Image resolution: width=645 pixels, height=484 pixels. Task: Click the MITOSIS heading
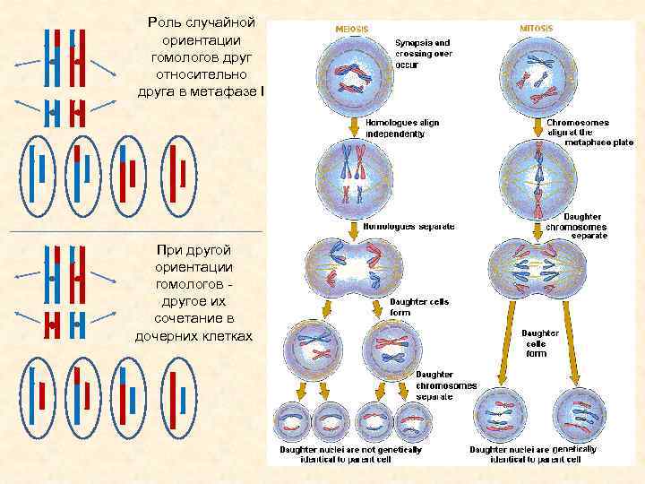(537, 28)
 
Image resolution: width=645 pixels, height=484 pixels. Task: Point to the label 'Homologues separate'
(408, 226)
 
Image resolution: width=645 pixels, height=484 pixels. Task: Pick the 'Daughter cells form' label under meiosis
(419, 307)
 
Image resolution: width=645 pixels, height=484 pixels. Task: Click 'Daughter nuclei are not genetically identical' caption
(350, 454)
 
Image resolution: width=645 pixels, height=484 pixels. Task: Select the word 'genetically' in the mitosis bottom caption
(574, 448)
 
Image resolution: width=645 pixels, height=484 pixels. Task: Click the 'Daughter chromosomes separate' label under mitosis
(576, 226)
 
